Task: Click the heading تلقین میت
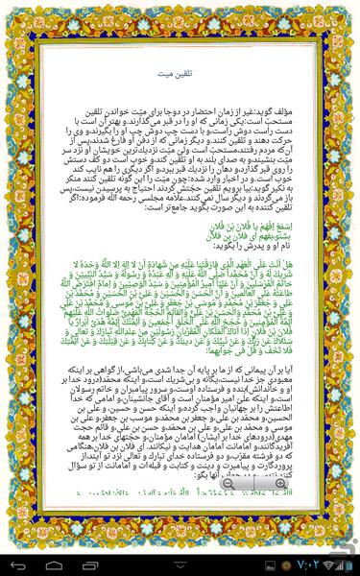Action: [180, 72]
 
